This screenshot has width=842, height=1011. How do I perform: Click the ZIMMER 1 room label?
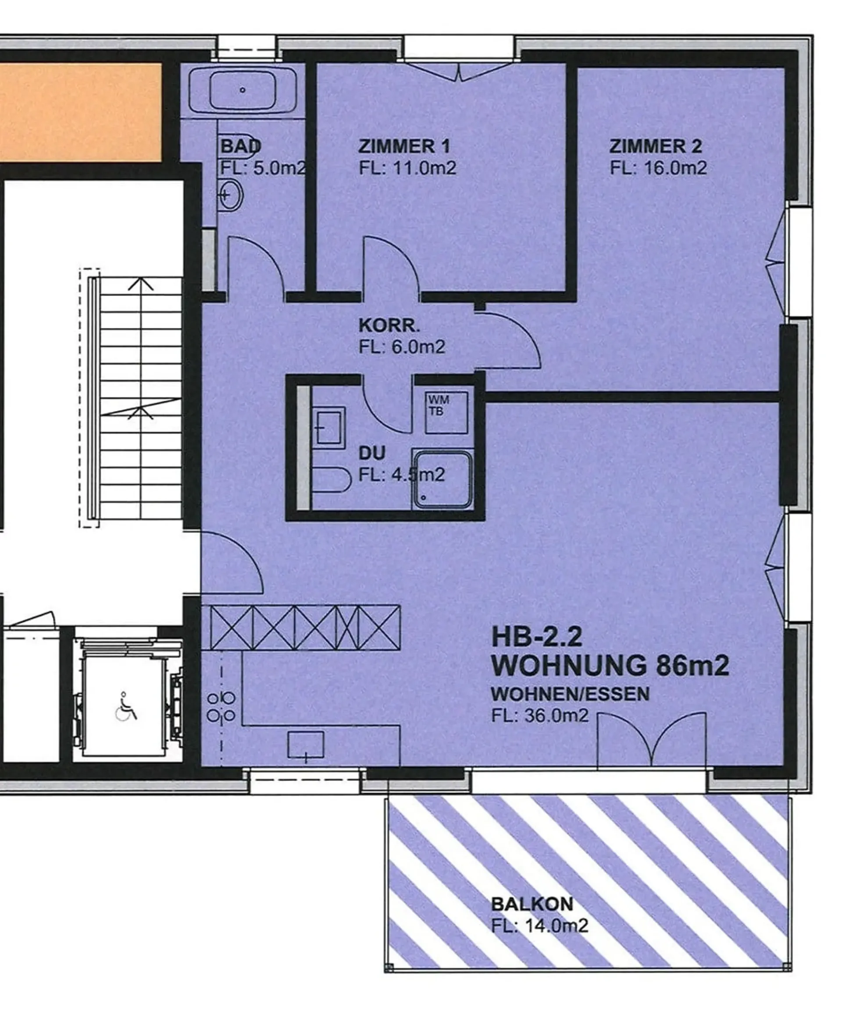(404, 146)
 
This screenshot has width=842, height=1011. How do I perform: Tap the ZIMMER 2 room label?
(656, 146)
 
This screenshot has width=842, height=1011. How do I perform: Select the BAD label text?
(241, 146)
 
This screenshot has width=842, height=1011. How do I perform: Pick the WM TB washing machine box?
(446, 412)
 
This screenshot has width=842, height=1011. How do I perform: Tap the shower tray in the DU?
(442, 479)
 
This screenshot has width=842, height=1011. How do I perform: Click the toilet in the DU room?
(331, 479)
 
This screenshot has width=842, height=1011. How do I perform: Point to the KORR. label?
(389, 326)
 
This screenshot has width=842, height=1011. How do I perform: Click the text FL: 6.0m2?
(402, 347)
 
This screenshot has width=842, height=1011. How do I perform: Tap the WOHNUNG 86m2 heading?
(610, 666)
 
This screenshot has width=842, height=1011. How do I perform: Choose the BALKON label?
(532, 905)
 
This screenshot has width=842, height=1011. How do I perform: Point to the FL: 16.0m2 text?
(658, 168)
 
